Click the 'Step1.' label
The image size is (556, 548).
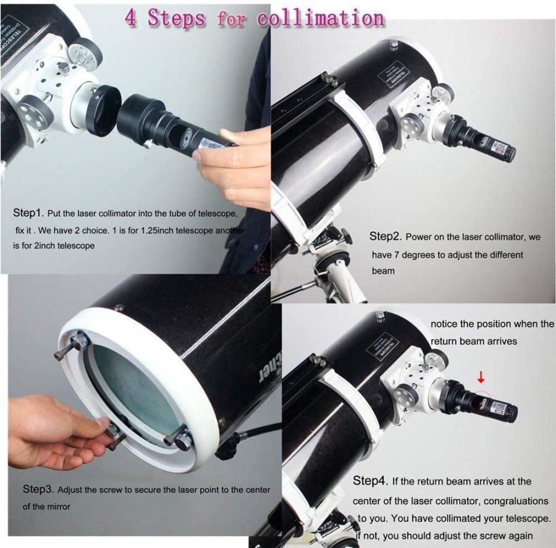(28, 213)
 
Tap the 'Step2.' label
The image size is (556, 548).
(385, 236)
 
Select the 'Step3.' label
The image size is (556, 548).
(38, 489)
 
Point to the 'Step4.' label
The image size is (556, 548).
(369, 481)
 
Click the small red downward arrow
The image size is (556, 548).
(481, 377)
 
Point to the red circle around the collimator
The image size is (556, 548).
(480, 402)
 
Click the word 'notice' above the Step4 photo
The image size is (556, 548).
(444, 324)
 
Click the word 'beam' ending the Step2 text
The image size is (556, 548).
(383, 271)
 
